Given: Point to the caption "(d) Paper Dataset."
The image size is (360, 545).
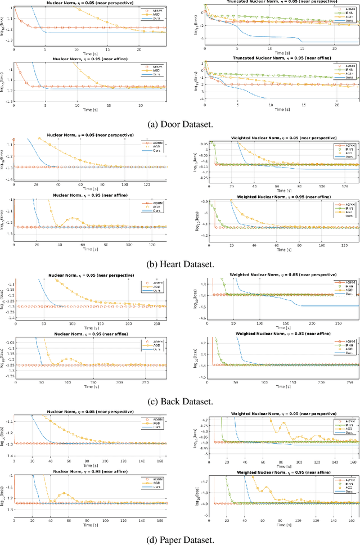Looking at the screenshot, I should coord(179,540).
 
